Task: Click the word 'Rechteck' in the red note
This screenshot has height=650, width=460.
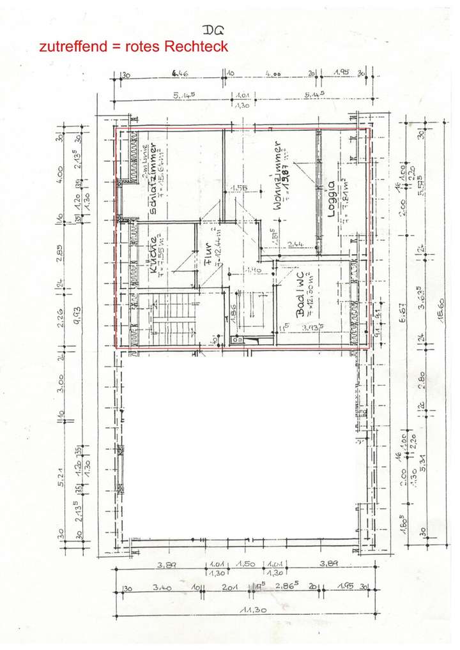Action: point(196,47)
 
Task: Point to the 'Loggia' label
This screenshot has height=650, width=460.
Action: point(331,200)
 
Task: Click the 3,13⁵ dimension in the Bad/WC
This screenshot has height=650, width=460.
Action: point(313,328)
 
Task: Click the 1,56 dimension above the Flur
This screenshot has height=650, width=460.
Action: point(238,188)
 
